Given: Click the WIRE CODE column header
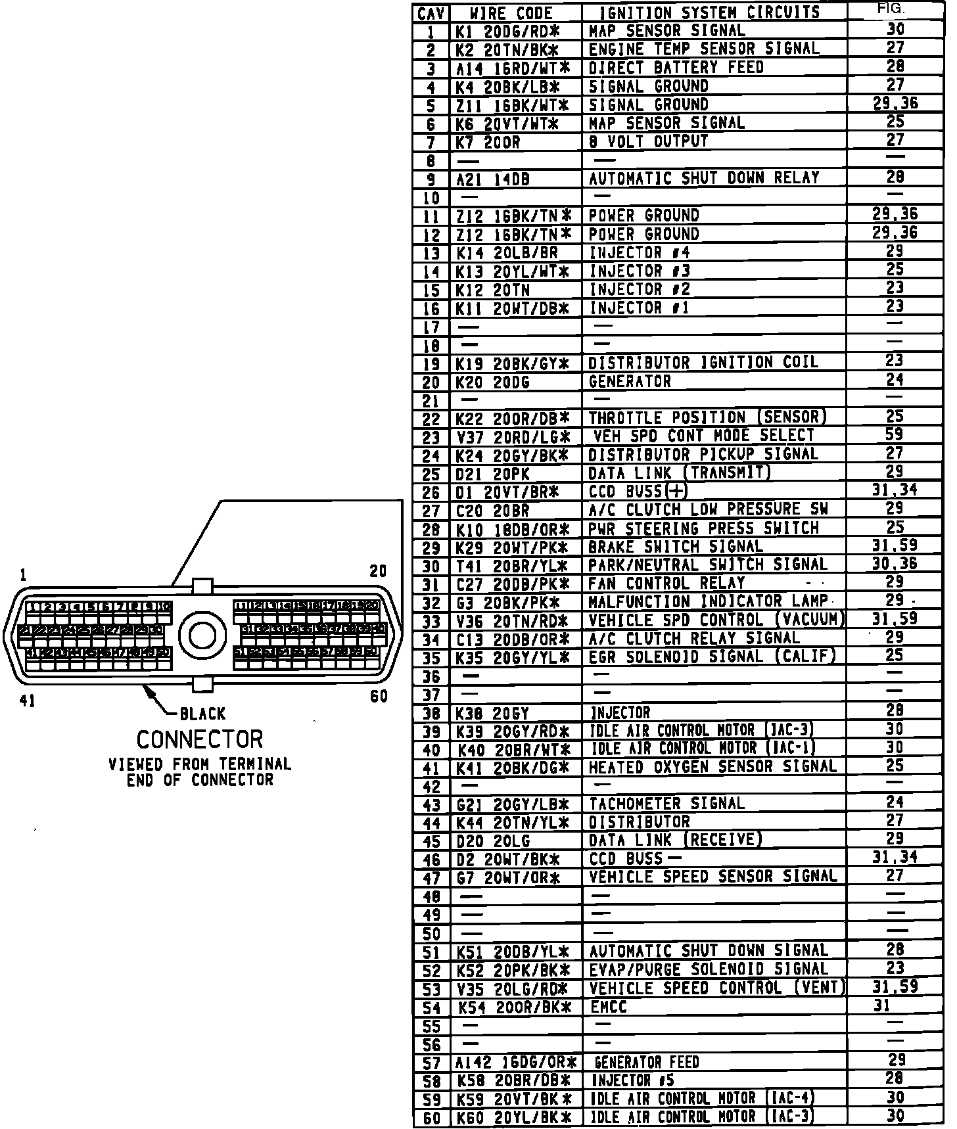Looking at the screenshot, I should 511,12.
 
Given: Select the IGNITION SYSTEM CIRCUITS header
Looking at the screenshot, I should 710,12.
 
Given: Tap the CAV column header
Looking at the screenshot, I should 431,12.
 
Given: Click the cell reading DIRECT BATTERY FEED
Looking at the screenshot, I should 676,68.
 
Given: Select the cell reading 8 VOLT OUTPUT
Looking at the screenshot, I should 648,141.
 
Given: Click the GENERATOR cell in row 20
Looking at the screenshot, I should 630,382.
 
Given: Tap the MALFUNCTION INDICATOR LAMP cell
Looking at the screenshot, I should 708,601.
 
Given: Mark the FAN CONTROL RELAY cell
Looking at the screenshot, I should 666,583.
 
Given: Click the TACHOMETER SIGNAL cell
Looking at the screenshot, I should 666,804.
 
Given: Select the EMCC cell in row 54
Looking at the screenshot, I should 608,1006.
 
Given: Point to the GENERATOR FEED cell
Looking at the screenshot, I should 646,1062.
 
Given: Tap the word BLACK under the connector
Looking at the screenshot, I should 202,714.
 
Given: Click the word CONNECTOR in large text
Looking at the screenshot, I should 199,740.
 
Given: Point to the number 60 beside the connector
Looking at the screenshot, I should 379,697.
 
